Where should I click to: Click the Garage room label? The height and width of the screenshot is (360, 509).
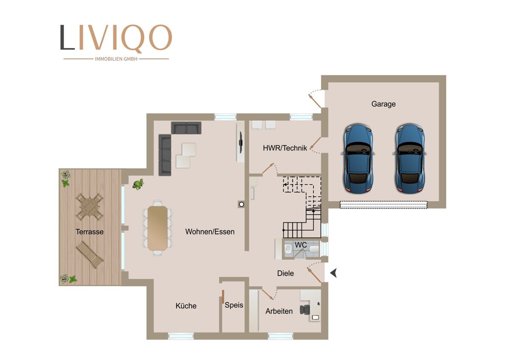coord(383,104)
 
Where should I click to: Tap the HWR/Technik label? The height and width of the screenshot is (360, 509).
coord(285,148)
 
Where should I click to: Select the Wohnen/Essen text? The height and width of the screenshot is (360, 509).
coord(210,231)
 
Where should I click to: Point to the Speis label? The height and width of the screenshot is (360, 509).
coord(234,305)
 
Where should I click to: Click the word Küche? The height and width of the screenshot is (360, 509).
coord(186,306)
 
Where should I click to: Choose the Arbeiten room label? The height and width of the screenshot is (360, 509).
coord(279,311)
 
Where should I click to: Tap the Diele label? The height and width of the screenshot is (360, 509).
coord(285,273)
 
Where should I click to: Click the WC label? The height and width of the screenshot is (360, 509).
coord(301,245)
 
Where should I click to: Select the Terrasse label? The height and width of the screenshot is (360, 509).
coord(89,232)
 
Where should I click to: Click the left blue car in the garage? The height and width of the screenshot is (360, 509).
coord(358,158)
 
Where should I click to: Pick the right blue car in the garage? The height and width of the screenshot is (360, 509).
coord(410,158)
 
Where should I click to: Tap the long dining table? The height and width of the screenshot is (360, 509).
coord(157,228)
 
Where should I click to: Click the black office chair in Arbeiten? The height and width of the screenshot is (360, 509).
coord(305,309)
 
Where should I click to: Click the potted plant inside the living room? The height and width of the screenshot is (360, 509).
coord(138,184)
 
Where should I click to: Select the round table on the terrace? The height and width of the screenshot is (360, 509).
coord(89,207)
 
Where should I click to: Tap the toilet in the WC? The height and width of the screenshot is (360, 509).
coord(314,249)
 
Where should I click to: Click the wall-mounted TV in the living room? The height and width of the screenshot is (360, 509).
coord(241,142)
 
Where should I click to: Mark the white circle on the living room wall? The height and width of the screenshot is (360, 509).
coord(241,205)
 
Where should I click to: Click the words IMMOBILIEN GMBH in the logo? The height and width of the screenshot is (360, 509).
coord(116,59)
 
